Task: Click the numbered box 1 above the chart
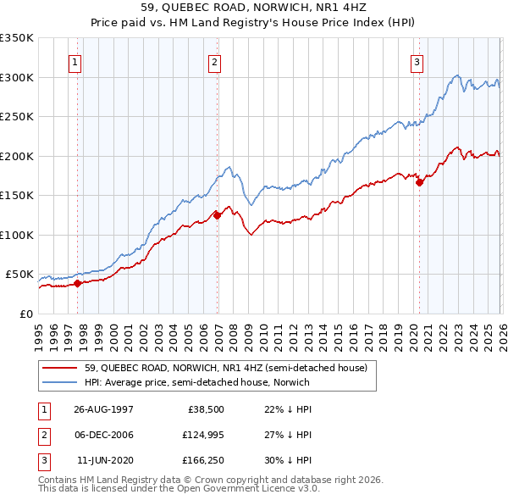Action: point(75,62)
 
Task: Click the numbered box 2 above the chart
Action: point(215,62)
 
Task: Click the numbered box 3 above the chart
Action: point(417,62)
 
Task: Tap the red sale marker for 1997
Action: point(78,284)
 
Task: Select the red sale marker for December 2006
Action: point(217,215)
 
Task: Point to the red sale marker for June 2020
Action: point(419,182)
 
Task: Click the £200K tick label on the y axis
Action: point(17,156)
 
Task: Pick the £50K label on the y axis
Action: point(19,275)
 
